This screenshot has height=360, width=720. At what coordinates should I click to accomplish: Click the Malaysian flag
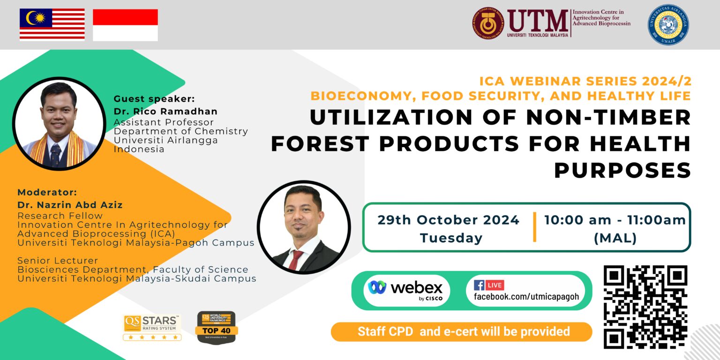coord(52,24)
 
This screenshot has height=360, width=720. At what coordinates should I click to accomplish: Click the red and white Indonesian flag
coord(125,25)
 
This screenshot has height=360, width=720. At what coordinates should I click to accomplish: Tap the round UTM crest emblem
coord(488,23)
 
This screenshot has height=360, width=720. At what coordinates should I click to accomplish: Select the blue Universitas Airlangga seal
coord(668,25)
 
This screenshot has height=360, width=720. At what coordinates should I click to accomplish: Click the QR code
coord(645,307)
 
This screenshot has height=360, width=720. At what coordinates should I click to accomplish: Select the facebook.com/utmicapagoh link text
coord(526,297)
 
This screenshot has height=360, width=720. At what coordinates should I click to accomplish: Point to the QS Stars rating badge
coord(152,327)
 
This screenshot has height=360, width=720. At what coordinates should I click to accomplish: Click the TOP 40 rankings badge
coord(216,327)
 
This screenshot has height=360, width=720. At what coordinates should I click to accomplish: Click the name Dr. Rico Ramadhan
coord(165,112)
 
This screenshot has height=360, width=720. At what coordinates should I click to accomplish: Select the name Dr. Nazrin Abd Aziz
coord(70,205)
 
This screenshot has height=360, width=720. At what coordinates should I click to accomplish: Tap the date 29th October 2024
coord(449,220)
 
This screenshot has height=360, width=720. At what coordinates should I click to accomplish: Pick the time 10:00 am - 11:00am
coord(615,220)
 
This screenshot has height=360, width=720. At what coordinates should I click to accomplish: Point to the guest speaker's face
coord(59,112)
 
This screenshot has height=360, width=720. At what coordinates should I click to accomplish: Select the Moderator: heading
coord(47,193)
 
